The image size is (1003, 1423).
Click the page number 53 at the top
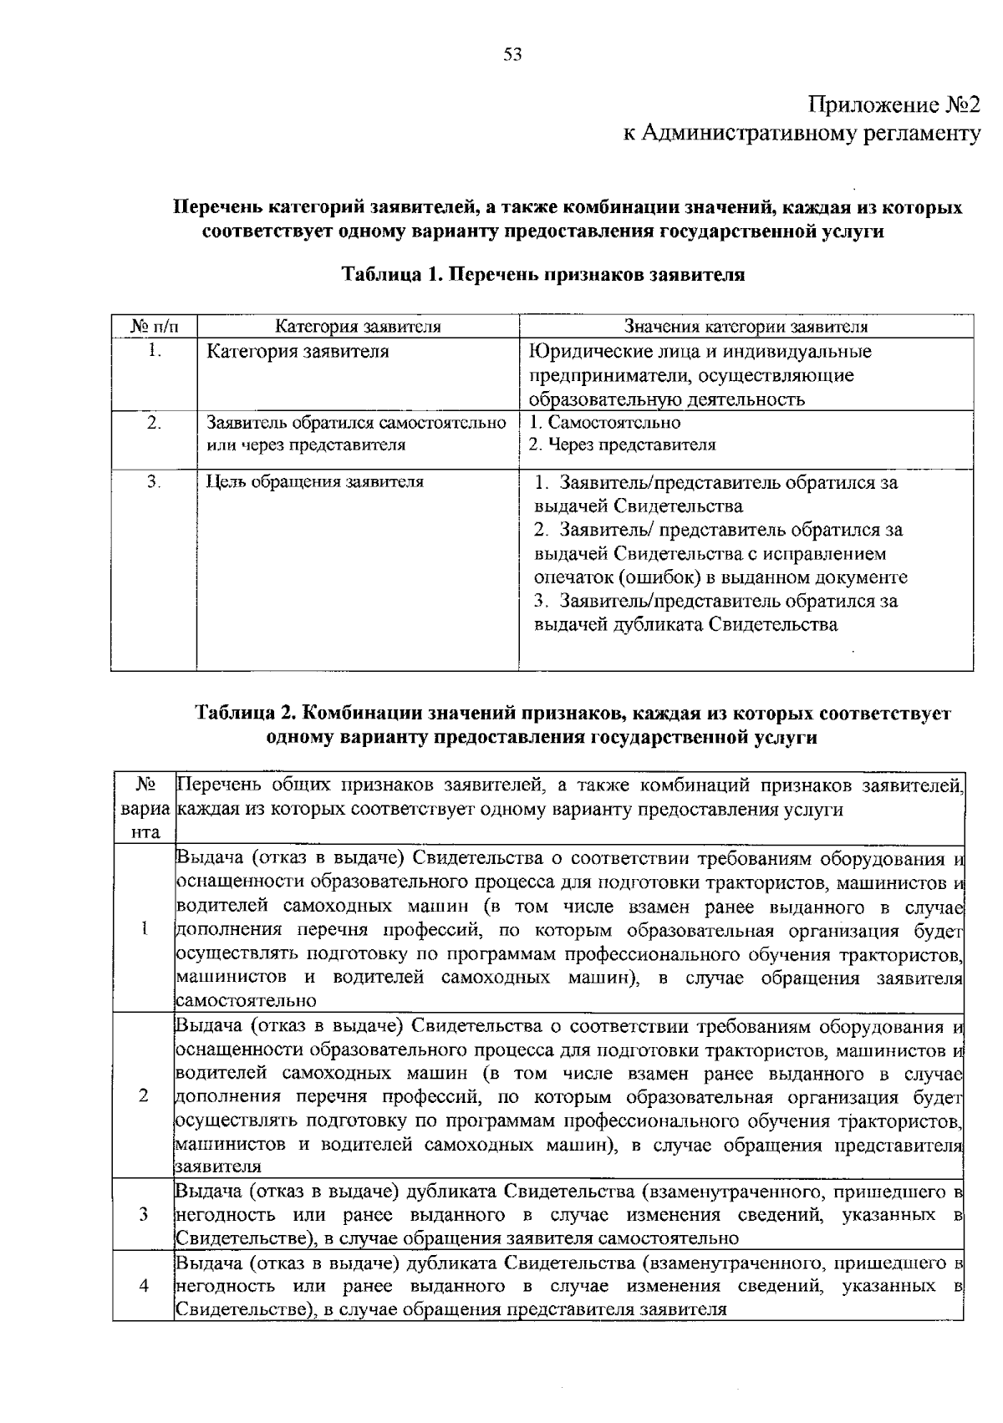(512, 55)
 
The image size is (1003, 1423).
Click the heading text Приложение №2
(894, 106)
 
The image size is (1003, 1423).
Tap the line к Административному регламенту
(802, 134)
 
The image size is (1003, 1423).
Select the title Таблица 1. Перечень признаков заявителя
(543, 275)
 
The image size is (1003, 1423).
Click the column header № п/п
(154, 327)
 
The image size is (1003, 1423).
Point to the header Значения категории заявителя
(746, 327)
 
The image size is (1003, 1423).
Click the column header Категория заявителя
(358, 327)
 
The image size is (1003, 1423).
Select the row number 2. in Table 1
(154, 422)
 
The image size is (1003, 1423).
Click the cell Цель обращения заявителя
(314, 482)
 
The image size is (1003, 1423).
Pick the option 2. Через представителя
(623, 445)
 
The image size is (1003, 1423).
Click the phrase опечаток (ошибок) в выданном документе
(720, 577)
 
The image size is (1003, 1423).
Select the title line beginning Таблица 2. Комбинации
(573, 714)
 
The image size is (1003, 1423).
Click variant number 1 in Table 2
(145, 927)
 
